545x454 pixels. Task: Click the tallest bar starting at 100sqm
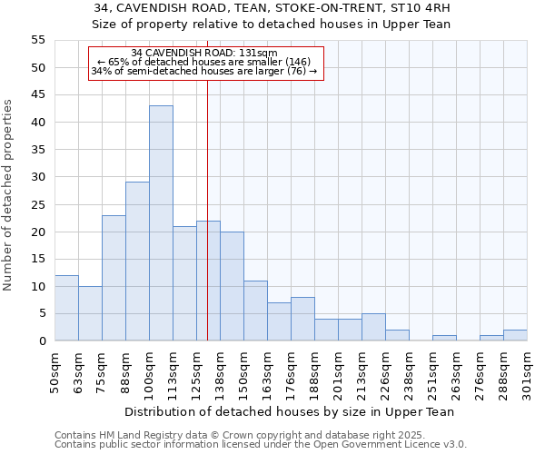click(x=161, y=223)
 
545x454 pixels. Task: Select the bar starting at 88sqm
click(x=137, y=262)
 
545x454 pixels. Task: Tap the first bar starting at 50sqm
click(x=66, y=308)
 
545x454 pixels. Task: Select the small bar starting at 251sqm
click(x=444, y=338)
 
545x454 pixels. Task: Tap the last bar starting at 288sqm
click(x=515, y=335)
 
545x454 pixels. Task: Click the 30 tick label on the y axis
click(x=37, y=177)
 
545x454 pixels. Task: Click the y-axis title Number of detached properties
click(x=9, y=195)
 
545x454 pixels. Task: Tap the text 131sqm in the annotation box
click(x=260, y=54)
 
